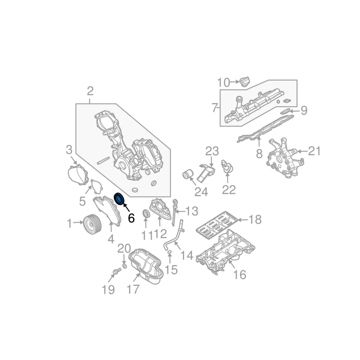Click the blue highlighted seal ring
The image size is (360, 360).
[120, 198]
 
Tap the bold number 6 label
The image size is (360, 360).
[131, 218]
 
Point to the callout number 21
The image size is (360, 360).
[314, 151]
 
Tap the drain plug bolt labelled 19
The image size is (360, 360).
[117, 272]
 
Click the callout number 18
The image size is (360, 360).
[255, 220]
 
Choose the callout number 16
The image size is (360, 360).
[240, 274]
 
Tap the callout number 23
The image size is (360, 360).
[211, 152]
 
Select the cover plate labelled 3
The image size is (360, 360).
[77, 174]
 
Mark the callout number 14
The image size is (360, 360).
[186, 256]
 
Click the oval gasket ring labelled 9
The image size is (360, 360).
[285, 109]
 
